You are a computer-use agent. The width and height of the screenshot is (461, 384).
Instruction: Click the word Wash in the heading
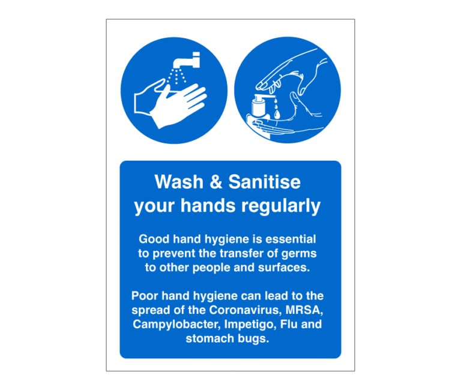[x=175, y=181]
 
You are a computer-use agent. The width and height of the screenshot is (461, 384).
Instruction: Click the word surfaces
[x=285, y=267]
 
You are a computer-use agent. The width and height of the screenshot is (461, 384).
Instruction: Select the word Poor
[x=145, y=296]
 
